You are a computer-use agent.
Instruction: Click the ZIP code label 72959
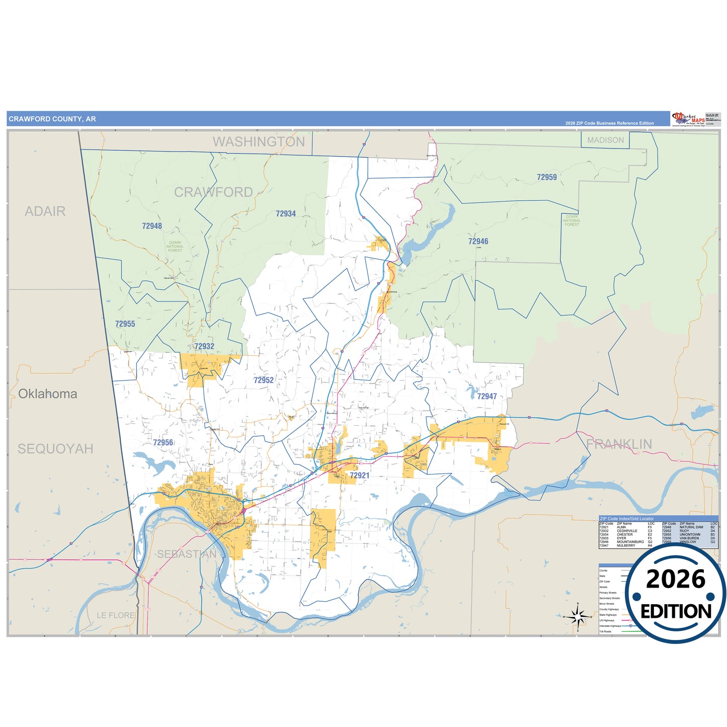pos(546,177)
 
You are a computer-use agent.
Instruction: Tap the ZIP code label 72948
pos(152,226)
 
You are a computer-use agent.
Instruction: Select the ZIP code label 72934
pos(285,214)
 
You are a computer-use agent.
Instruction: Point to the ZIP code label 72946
pos(478,241)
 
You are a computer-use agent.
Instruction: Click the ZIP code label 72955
pos(125,324)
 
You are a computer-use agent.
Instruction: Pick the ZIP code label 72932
pos(204,346)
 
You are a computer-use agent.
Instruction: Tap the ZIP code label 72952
pos(264,380)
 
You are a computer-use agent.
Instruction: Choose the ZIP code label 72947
pos(487,396)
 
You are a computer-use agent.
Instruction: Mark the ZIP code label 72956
pos(163,443)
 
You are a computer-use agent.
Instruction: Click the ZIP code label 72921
pos(359,475)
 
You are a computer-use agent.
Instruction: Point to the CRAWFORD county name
pos(213,192)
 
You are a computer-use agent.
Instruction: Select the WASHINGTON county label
pos(259,142)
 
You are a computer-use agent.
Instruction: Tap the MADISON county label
pos(605,140)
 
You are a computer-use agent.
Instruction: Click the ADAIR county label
pos(45,211)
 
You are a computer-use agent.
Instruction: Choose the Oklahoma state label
pos(48,394)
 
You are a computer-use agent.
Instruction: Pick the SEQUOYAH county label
pos(55,449)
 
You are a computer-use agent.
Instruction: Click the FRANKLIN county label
pos(619,444)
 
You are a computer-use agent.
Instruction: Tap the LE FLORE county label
pos(116,615)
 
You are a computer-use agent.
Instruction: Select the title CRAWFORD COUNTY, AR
pos(52,119)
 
